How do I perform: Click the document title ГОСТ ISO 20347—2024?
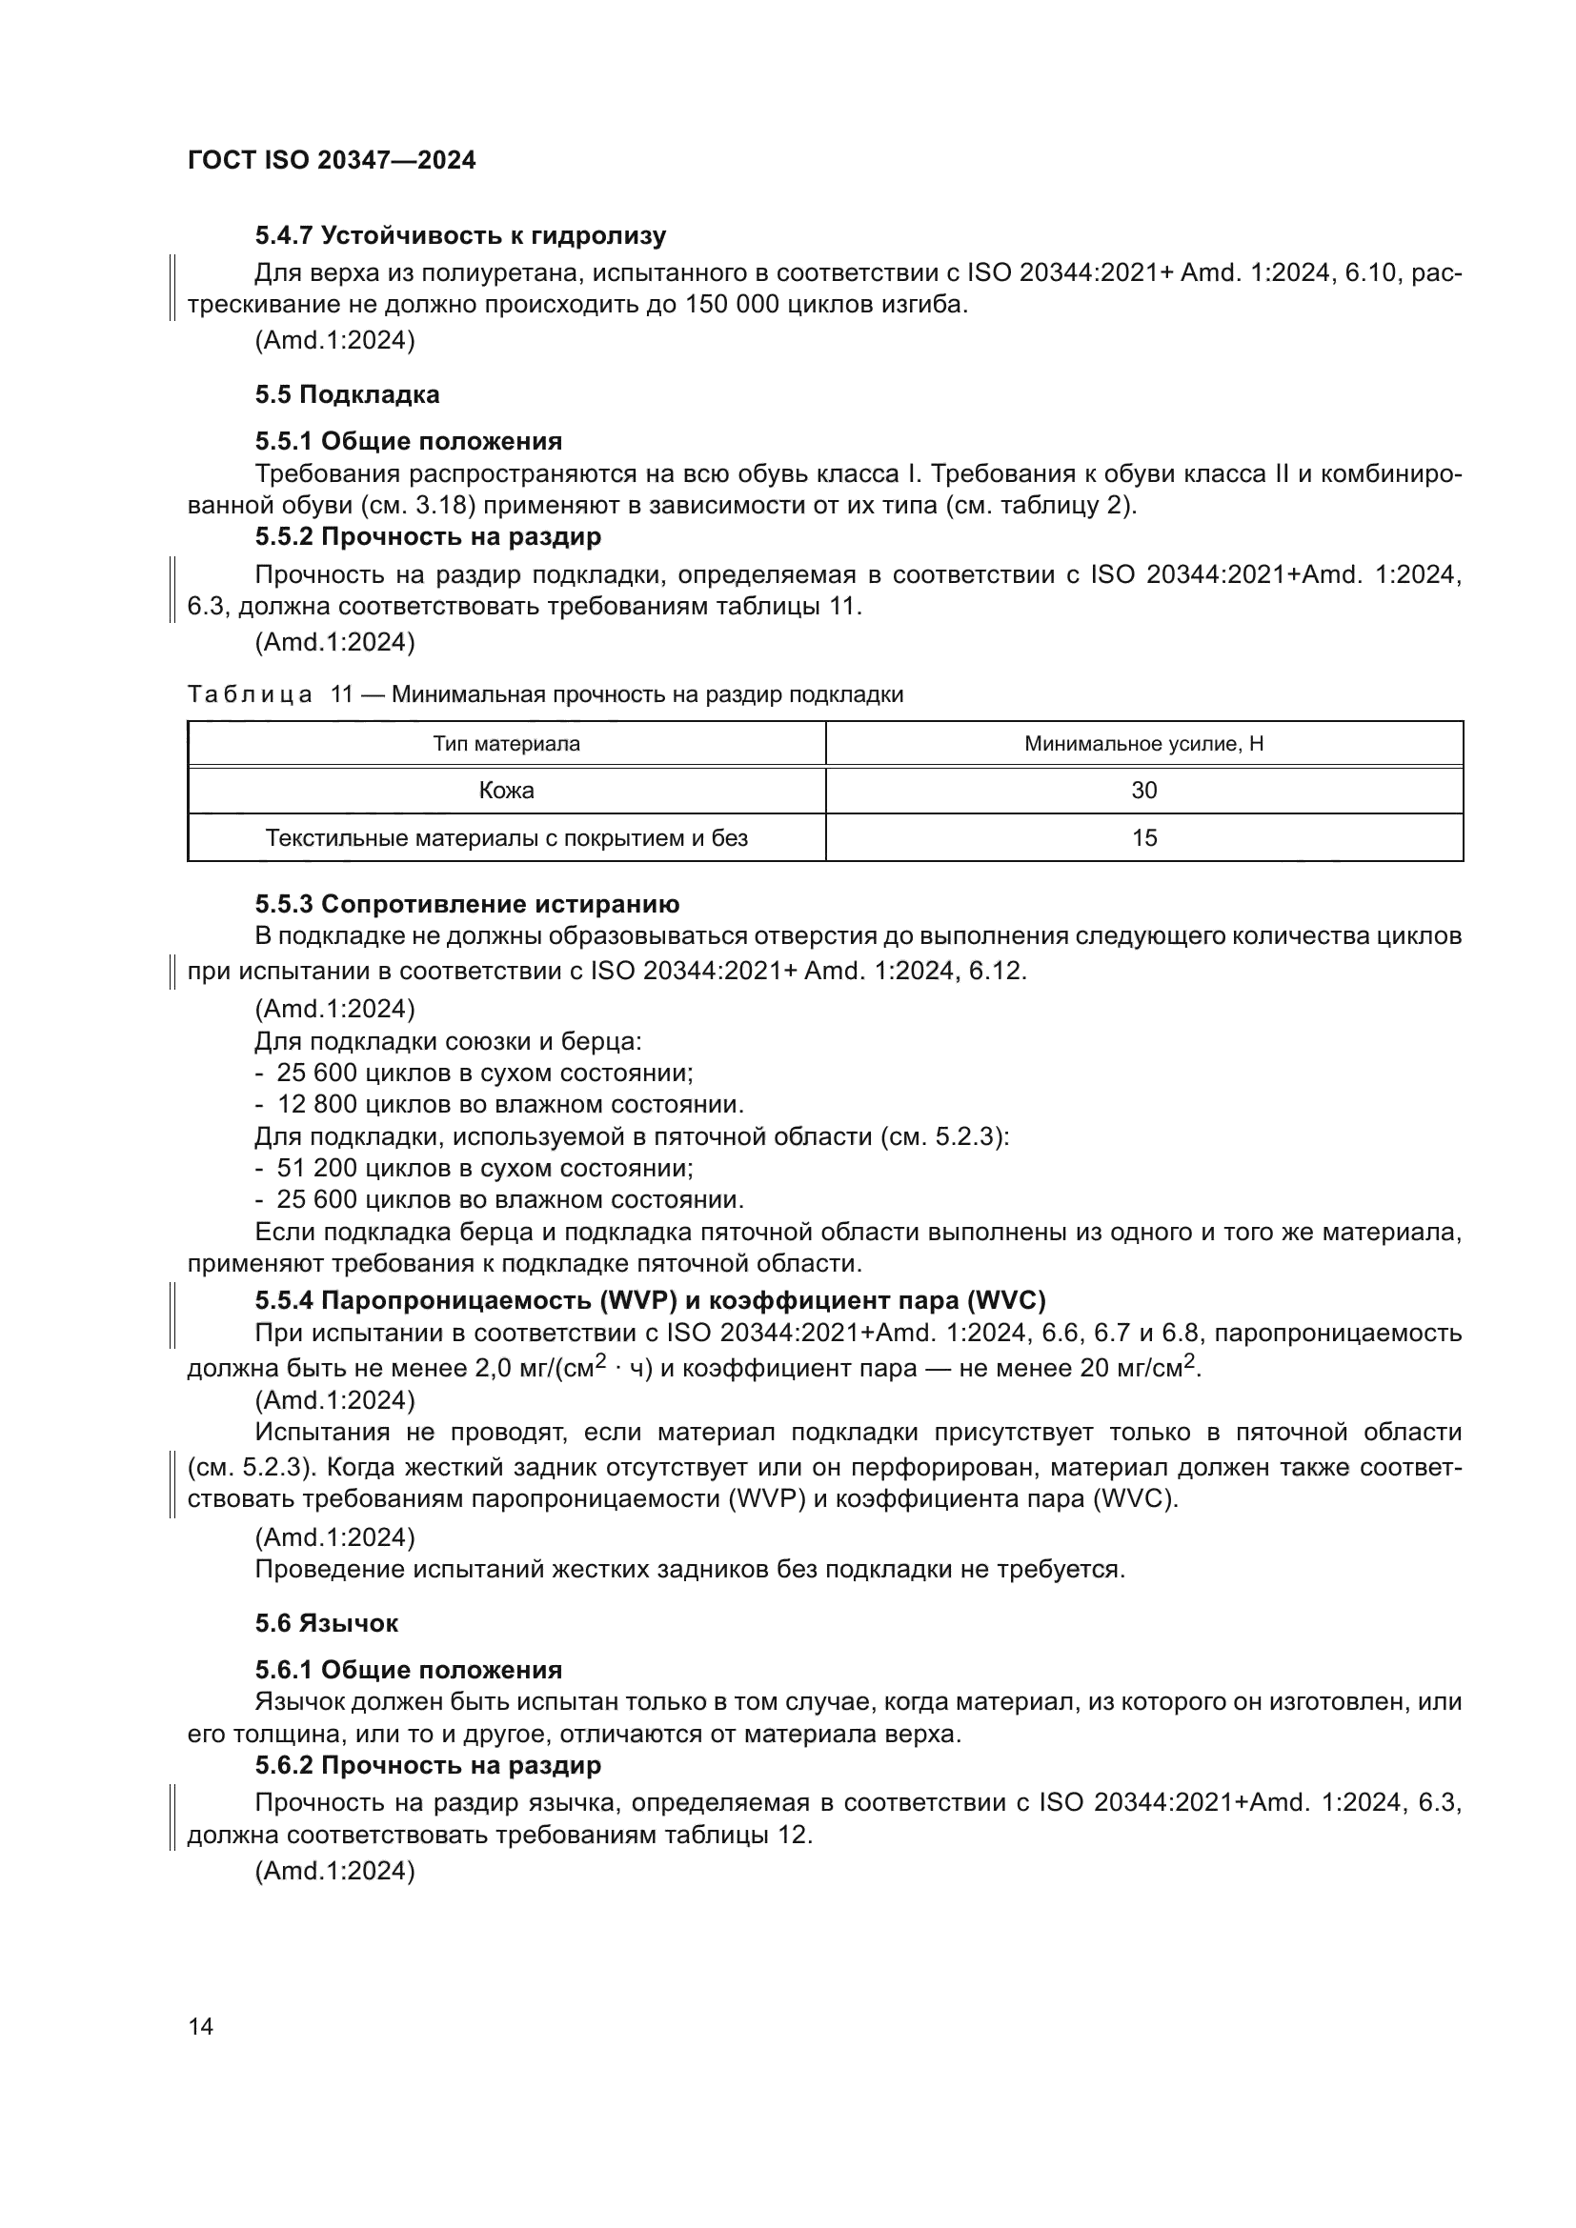click(x=331, y=160)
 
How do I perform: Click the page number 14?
click(x=201, y=2026)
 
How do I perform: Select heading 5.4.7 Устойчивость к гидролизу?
click(x=460, y=236)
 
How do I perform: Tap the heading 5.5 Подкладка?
click(x=347, y=395)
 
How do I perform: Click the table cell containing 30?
click(x=1143, y=790)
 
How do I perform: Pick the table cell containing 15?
click(x=1143, y=837)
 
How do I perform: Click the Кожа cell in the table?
click(x=506, y=790)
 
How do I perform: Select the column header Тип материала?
click(x=506, y=744)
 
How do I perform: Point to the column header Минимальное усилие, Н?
click(x=1143, y=744)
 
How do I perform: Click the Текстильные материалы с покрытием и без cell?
click(x=506, y=837)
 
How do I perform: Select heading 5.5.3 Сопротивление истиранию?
click(x=467, y=904)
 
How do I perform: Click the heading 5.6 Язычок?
click(x=326, y=1623)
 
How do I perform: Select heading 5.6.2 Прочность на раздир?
click(x=428, y=1765)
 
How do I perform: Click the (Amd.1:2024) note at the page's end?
click(x=334, y=1871)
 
